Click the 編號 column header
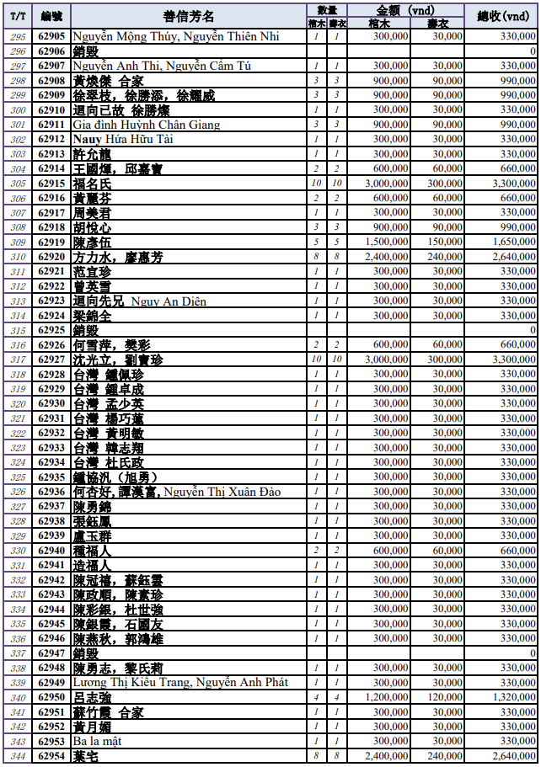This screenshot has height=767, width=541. click(x=52, y=16)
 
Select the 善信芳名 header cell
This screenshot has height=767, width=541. click(x=188, y=16)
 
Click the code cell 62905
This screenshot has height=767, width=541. click(x=52, y=36)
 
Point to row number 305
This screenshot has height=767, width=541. click(x=18, y=184)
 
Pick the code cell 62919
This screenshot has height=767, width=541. click(x=52, y=242)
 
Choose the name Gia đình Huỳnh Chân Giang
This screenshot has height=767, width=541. click(x=146, y=125)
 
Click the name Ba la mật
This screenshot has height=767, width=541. click(x=97, y=743)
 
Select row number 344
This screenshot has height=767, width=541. click(x=18, y=757)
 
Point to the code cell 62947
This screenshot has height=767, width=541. click(x=52, y=653)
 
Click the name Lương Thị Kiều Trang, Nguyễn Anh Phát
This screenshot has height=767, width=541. click(x=180, y=683)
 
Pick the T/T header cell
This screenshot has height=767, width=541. click(x=18, y=16)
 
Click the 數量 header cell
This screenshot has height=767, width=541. click(x=326, y=9)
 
